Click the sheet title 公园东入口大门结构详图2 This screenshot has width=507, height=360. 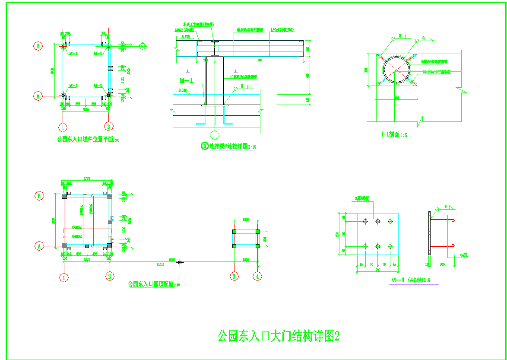tap(278, 336)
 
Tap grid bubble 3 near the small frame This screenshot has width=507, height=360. tap(234, 276)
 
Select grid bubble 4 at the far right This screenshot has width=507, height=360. tap(258, 276)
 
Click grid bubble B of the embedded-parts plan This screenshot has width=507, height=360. tap(38, 45)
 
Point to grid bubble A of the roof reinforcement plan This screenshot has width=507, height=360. tap(38, 245)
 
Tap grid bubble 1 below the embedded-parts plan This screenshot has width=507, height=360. tap(63, 127)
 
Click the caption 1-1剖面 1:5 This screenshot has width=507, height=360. tap(394, 135)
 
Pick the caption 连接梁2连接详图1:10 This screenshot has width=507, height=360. tap(229, 146)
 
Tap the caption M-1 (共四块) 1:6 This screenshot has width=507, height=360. tap(410, 280)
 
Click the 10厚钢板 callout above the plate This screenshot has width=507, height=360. tap(362, 199)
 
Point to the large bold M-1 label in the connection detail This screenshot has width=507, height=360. tap(186, 80)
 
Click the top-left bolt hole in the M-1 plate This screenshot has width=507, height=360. tap(366, 221)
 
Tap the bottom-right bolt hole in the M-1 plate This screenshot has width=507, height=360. tap(390, 246)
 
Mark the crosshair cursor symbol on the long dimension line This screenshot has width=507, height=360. tap(181, 262)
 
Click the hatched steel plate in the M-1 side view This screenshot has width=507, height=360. tap(429, 233)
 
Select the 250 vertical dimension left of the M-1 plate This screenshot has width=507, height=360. tap(338, 234)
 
